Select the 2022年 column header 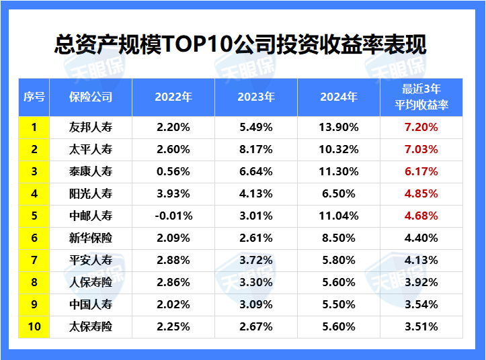(173, 97)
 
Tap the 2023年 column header (256, 97)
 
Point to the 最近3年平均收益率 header (421, 97)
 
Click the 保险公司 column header (91, 97)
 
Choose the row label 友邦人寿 (91, 127)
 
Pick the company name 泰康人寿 (91, 171)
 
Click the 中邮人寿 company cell (91, 216)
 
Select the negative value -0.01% (173, 216)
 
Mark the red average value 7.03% (421, 149)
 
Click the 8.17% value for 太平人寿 (256, 149)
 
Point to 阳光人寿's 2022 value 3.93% (173, 193)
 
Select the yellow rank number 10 (34, 327)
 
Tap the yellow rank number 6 (34, 238)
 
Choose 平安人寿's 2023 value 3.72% (256, 260)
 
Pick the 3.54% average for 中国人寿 (421, 305)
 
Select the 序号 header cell (34, 97)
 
